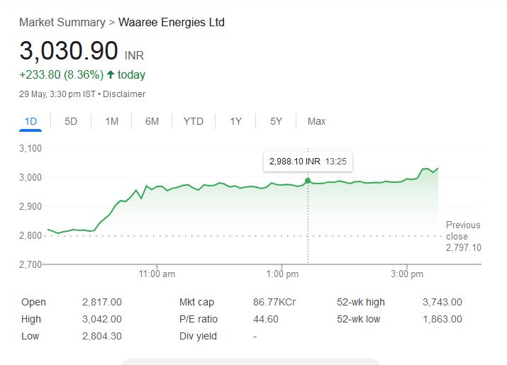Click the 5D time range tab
point(71,121)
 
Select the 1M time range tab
point(111,121)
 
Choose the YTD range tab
point(193,121)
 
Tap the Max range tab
point(316,121)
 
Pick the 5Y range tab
point(276,121)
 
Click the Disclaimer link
point(124,94)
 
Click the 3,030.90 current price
point(69,51)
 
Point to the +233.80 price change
point(40,74)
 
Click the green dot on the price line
point(308,181)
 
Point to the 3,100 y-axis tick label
point(30,148)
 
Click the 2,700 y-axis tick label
point(30,264)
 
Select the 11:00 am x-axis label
point(157,274)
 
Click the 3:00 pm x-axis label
point(407,274)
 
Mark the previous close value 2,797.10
point(463,247)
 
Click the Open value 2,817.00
point(102,302)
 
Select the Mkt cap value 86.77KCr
point(274,302)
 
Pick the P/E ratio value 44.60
point(265,319)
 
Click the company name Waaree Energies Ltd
point(171,23)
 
